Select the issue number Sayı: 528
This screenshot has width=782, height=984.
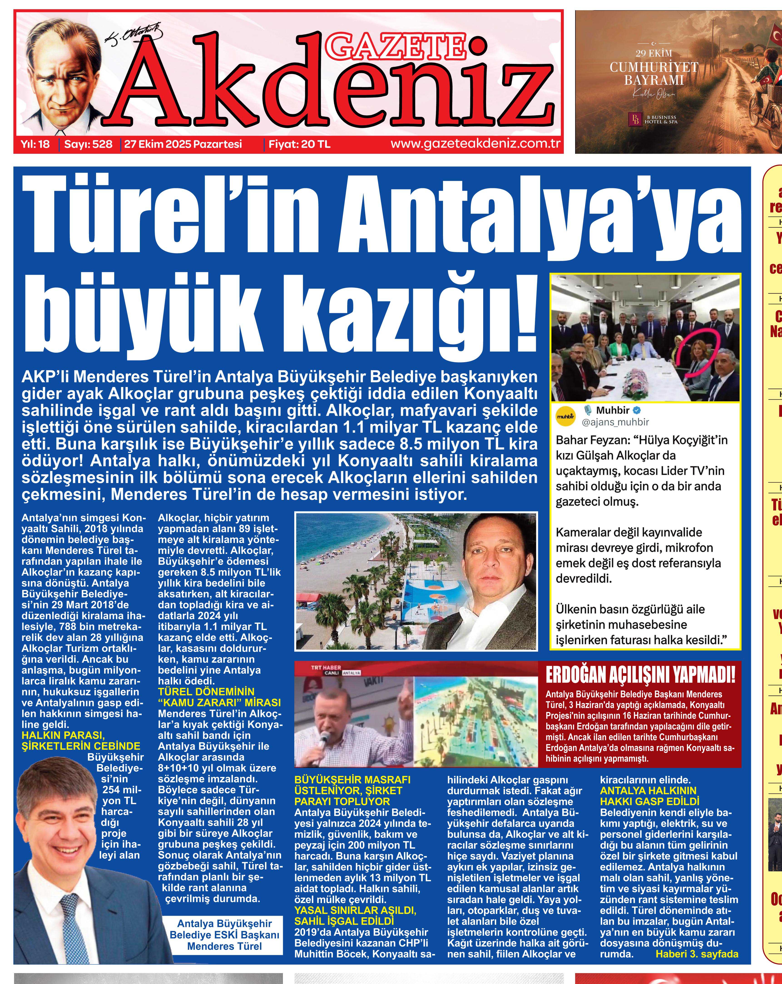pyautogui.click(x=88, y=144)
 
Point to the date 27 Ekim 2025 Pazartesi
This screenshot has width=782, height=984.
pyautogui.click(x=183, y=144)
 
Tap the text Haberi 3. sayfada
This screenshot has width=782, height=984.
pyautogui.click(x=696, y=954)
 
